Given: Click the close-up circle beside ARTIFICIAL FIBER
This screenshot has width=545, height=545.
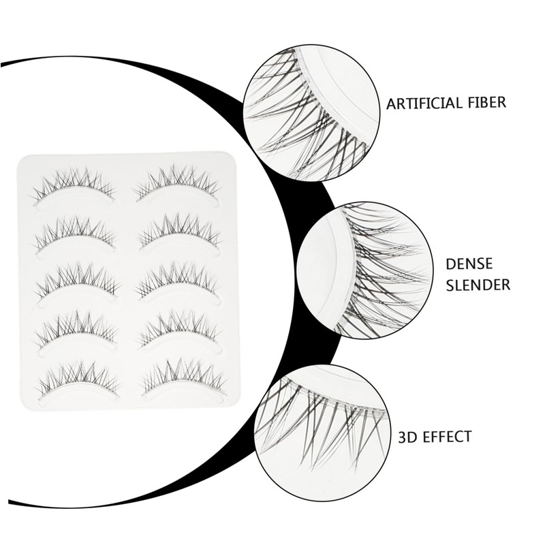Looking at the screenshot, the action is coord(311,112).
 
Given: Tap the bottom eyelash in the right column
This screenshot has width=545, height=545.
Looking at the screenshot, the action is coord(183,379).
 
